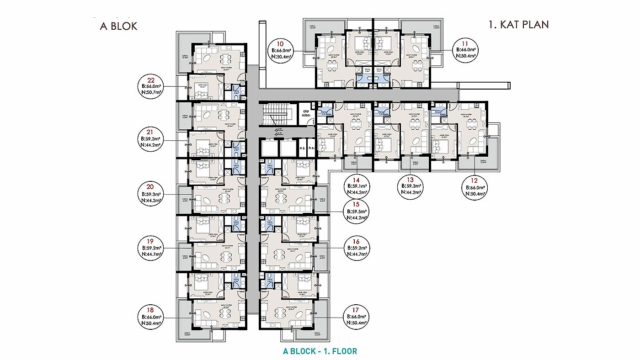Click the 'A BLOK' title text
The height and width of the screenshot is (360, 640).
pyautogui.click(x=118, y=26)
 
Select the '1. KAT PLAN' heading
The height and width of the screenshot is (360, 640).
pyautogui.click(x=518, y=25)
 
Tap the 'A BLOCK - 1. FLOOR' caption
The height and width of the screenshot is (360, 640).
pyautogui.click(x=320, y=351)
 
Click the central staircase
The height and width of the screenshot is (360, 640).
pyautogui.click(x=276, y=114)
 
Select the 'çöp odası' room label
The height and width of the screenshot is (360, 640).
pyautogui.click(x=305, y=113)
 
